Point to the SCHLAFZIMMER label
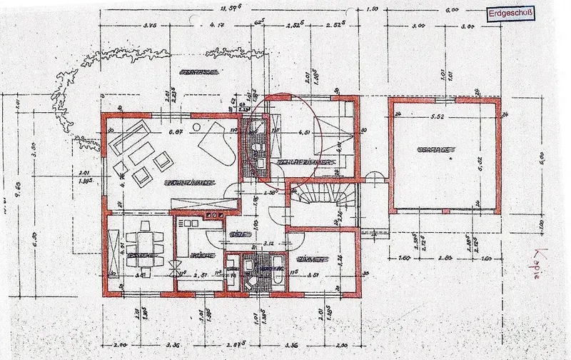303,164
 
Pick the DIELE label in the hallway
236,234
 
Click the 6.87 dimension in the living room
175,132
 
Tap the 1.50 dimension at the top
370,9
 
